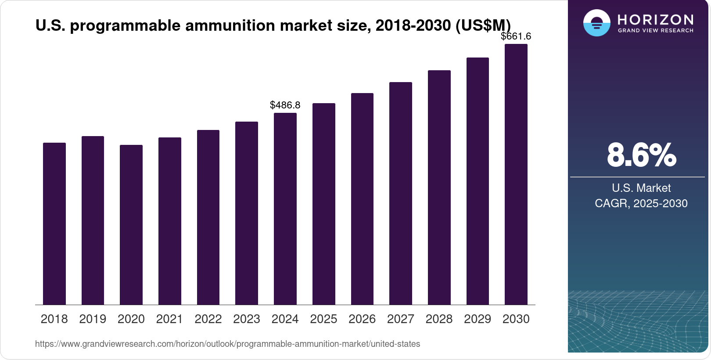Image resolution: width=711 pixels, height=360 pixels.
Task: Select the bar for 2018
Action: coord(54,224)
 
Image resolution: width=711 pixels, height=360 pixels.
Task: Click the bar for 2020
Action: coord(131,225)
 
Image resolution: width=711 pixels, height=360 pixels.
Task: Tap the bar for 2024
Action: coord(285,209)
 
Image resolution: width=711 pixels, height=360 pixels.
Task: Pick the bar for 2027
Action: coord(401,194)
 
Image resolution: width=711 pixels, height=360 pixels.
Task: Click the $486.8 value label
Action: coord(285,105)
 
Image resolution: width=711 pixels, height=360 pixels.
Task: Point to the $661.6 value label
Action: coord(516,36)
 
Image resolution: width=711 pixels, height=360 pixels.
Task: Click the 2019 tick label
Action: coord(93,319)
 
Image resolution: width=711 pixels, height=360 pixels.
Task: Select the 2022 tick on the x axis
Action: coord(208,319)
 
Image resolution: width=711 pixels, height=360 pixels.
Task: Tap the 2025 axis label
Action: coord(323,319)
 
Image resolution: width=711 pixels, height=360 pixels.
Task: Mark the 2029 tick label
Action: coord(478,319)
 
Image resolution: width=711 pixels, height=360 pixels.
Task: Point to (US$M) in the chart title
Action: coord(483,25)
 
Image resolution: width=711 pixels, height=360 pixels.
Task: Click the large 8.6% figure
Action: coord(641,155)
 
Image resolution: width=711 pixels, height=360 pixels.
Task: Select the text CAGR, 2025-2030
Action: coord(641,204)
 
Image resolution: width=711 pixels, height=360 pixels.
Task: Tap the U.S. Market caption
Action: coord(641,188)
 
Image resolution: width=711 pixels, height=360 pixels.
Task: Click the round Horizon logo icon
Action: coord(597,23)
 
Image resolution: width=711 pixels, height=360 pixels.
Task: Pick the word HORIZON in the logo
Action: coord(656,19)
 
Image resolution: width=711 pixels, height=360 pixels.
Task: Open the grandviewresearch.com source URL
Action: coord(227,344)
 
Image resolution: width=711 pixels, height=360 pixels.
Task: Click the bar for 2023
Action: coord(247,213)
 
